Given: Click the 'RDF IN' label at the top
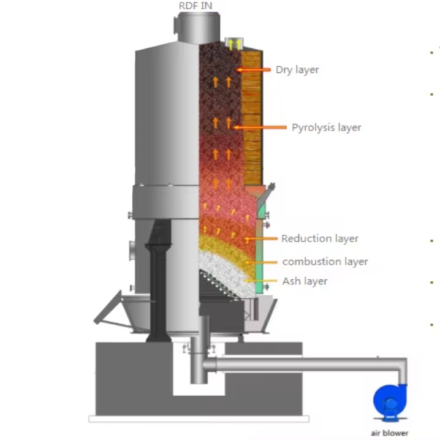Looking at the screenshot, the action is pos(195,6).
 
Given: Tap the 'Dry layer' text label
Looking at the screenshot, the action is pos(297,70).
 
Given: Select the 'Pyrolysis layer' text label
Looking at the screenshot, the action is pos(326,127).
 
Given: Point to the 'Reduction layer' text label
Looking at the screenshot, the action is pos(320,238).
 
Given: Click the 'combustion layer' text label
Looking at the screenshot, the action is pos(325,262).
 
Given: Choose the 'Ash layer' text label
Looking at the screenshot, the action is pos(305,281).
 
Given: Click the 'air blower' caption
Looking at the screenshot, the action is pos(389,433).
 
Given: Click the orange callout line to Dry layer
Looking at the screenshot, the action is pos(254,70).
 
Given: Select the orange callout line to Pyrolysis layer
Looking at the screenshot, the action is pos(260,127).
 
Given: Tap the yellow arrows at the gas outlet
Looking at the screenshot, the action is pos(235,44).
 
